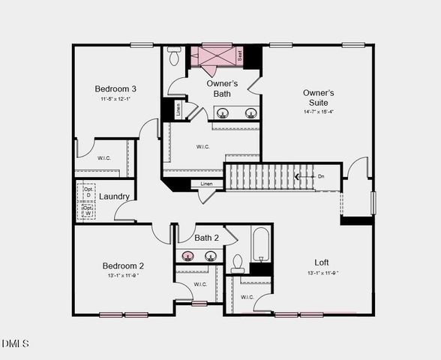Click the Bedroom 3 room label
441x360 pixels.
click(x=115, y=88)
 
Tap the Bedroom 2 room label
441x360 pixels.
click(x=123, y=265)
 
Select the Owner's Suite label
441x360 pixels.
click(x=318, y=97)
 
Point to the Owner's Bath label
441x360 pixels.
click(x=222, y=88)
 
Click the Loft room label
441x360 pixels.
click(x=321, y=262)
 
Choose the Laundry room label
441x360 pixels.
click(x=115, y=196)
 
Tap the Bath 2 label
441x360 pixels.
click(x=206, y=238)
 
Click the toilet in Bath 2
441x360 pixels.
click(x=238, y=263)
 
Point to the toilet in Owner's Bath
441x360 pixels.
click(x=174, y=55)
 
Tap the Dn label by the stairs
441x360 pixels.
click(x=321, y=177)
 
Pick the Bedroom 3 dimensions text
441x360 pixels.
click(x=115, y=99)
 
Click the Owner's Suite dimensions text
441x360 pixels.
click(x=318, y=111)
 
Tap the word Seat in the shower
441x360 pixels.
click(x=240, y=55)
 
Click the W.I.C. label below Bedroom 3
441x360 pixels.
click(x=104, y=158)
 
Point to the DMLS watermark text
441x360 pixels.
click(x=15, y=343)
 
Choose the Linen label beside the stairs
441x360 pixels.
click(x=206, y=184)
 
